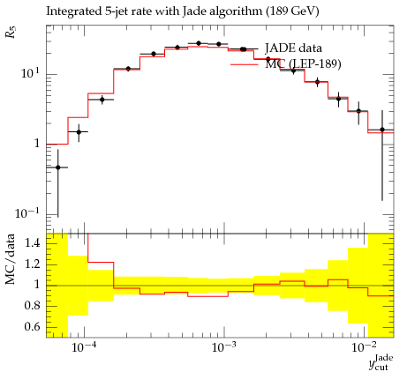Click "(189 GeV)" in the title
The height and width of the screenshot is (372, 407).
pyautogui.click(x=292, y=11)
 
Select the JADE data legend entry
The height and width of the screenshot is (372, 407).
pyautogui.click(x=293, y=48)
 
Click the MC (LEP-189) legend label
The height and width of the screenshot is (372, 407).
pyautogui.click(x=303, y=63)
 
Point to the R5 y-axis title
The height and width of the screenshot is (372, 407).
pyautogui.click(x=11, y=32)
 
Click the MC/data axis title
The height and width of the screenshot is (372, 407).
pyautogui.click(x=11, y=259)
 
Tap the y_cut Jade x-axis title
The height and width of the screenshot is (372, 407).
pyautogui.click(x=381, y=362)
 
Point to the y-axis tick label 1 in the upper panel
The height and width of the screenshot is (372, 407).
pyautogui.click(x=37, y=144)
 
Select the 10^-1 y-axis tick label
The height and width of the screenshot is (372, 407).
pyautogui.click(x=27, y=212)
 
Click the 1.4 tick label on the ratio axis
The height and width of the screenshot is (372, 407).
pyautogui.click(x=32, y=243)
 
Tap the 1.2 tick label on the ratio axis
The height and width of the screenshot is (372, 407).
pyautogui.click(x=32, y=264)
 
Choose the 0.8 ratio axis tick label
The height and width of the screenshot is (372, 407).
pyautogui.click(x=32, y=306)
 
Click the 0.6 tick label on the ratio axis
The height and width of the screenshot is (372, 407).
pyautogui.click(x=32, y=326)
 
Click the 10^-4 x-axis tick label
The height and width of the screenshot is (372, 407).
pyautogui.click(x=85, y=347)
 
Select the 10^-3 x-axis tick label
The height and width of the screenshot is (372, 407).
pyautogui.click(x=224, y=347)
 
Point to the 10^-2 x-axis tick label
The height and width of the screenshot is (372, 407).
pyautogui.click(x=365, y=347)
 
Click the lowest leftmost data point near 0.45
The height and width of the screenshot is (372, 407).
pyautogui.click(x=58, y=167)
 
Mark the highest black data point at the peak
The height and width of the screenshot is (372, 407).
pyautogui.click(x=199, y=43)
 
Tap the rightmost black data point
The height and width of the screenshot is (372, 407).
pyautogui.click(x=382, y=130)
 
